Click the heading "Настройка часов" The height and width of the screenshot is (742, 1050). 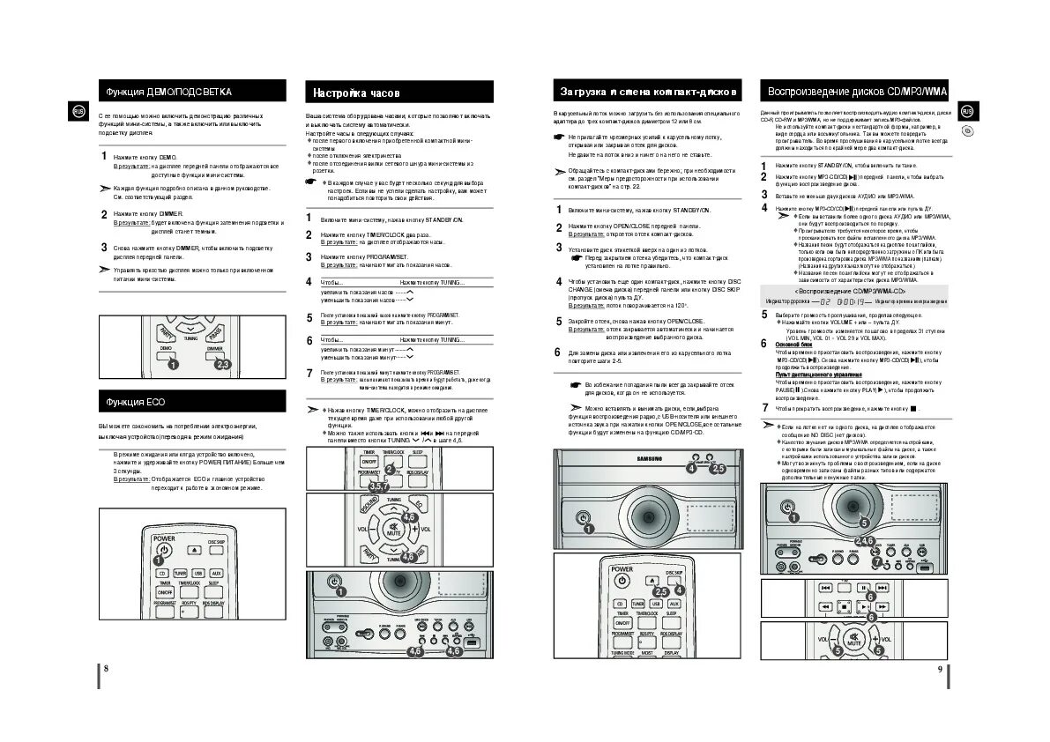click(357, 93)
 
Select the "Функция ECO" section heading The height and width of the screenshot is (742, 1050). click(136, 402)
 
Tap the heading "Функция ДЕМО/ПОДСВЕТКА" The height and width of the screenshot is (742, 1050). click(169, 92)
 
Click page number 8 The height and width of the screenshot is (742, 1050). click(106, 669)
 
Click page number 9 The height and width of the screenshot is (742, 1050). click(940, 669)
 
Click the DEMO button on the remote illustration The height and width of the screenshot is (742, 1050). click(166, 351)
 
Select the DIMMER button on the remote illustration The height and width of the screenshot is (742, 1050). click(214, 351)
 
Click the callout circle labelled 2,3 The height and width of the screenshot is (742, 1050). click(222, 364)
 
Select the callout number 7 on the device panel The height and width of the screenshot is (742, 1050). click(876, 561)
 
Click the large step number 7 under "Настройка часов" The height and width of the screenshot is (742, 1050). click(309, 373)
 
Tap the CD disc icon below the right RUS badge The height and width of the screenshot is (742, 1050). click(967, 131)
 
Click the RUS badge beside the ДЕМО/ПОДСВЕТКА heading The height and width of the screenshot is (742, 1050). click(78, 111)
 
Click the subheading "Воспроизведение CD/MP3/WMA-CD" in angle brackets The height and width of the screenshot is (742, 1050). click(850, 291)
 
